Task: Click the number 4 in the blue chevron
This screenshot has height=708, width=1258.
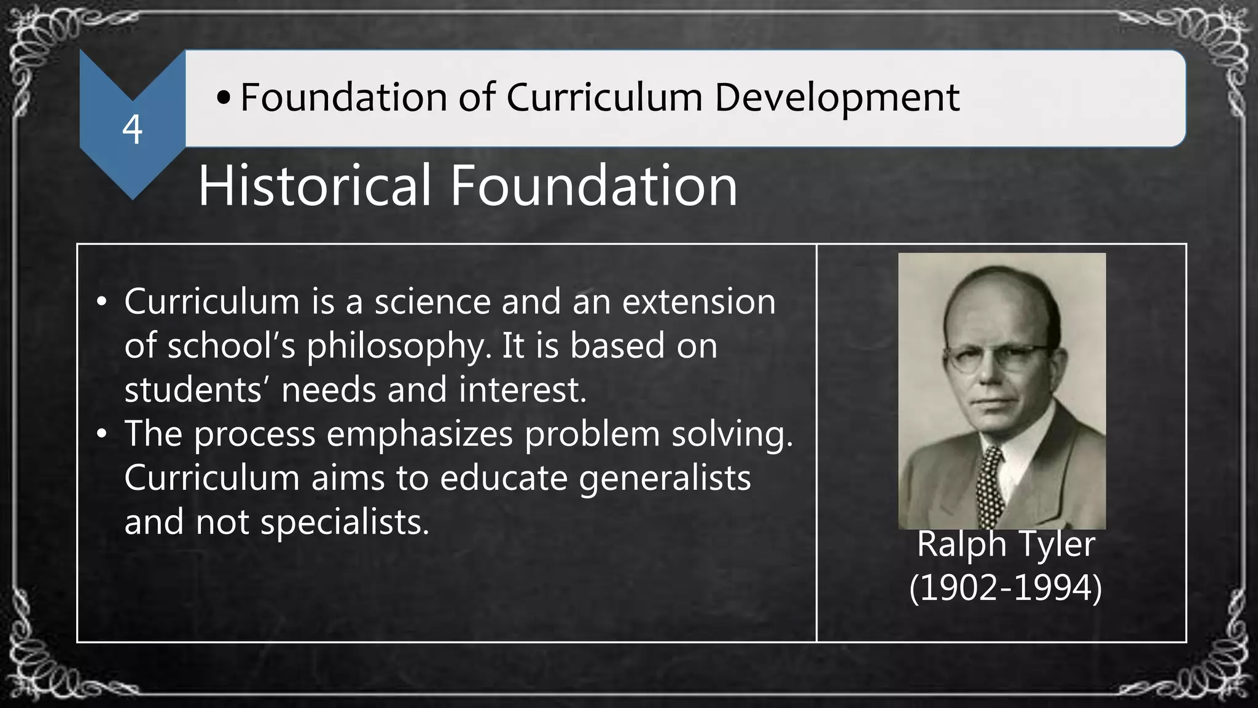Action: tap(132, 130)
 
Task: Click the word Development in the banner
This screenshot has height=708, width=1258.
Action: tap(837, 98)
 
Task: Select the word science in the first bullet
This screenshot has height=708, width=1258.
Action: tap(432, 302)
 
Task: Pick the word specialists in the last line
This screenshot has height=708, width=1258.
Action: tap(345, 522)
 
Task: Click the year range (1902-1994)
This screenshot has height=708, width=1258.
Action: tap(1006, 588)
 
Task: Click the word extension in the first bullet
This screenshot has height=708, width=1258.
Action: tap(698, 302)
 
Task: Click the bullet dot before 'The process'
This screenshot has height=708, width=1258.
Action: tap(102, 435)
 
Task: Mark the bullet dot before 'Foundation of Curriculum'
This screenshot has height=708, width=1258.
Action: tap(224, 98)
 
